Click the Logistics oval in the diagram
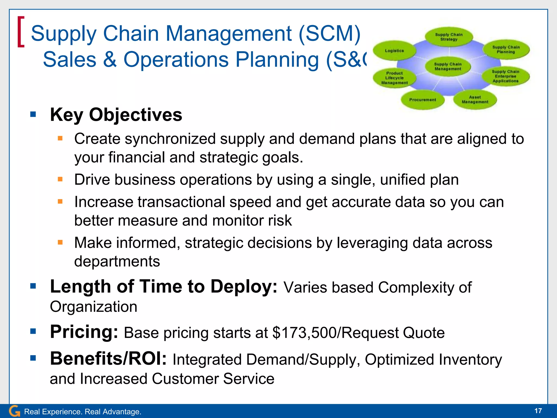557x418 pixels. click(x=394, y=51)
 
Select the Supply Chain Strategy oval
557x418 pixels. click(x=449, y=37)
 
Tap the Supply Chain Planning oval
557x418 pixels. click(x=506, y=50)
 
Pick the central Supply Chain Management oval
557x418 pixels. click(x=448, y=67)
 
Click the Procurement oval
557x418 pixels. click(x=423, y=100)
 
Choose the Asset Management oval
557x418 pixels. click(x=475, y=100)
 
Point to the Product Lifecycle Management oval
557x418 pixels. click(x=394, y=78)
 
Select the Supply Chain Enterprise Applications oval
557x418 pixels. click(x=506, y=76)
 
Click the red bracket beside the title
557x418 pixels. click(x=21, y=32)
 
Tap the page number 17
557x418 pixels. click(x=538, y=411)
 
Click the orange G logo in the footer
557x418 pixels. click(x=14, y=411)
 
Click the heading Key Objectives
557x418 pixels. click(x=116, y=115)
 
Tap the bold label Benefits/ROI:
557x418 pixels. click(x=108, y=358)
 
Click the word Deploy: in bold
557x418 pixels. click(x=244, y=287)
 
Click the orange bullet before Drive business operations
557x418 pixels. click(x=60, y=179)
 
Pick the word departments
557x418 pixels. click(x=117, y=261)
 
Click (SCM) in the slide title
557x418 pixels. click(x=329, y=33)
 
